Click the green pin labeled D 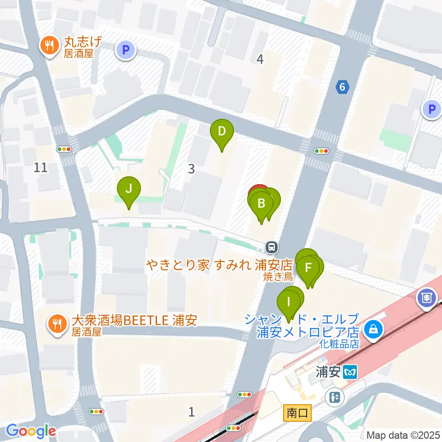tap(221, 132)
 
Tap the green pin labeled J tap(129, 189)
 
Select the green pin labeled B tap(261, 203)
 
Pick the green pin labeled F tap(308, 268)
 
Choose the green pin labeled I tap(289, 302)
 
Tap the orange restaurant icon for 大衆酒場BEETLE tap(56, 324)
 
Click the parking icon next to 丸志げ tap(126, 49)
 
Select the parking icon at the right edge tap(431, 109)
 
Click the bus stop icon tap(272, 247)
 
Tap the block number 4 tap(260, 59)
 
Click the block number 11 tap(41, 167)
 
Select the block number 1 tap(192, 412)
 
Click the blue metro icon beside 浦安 tap(351, 372)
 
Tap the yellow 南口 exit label tap(297, 413)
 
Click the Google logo tap(30, 431)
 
